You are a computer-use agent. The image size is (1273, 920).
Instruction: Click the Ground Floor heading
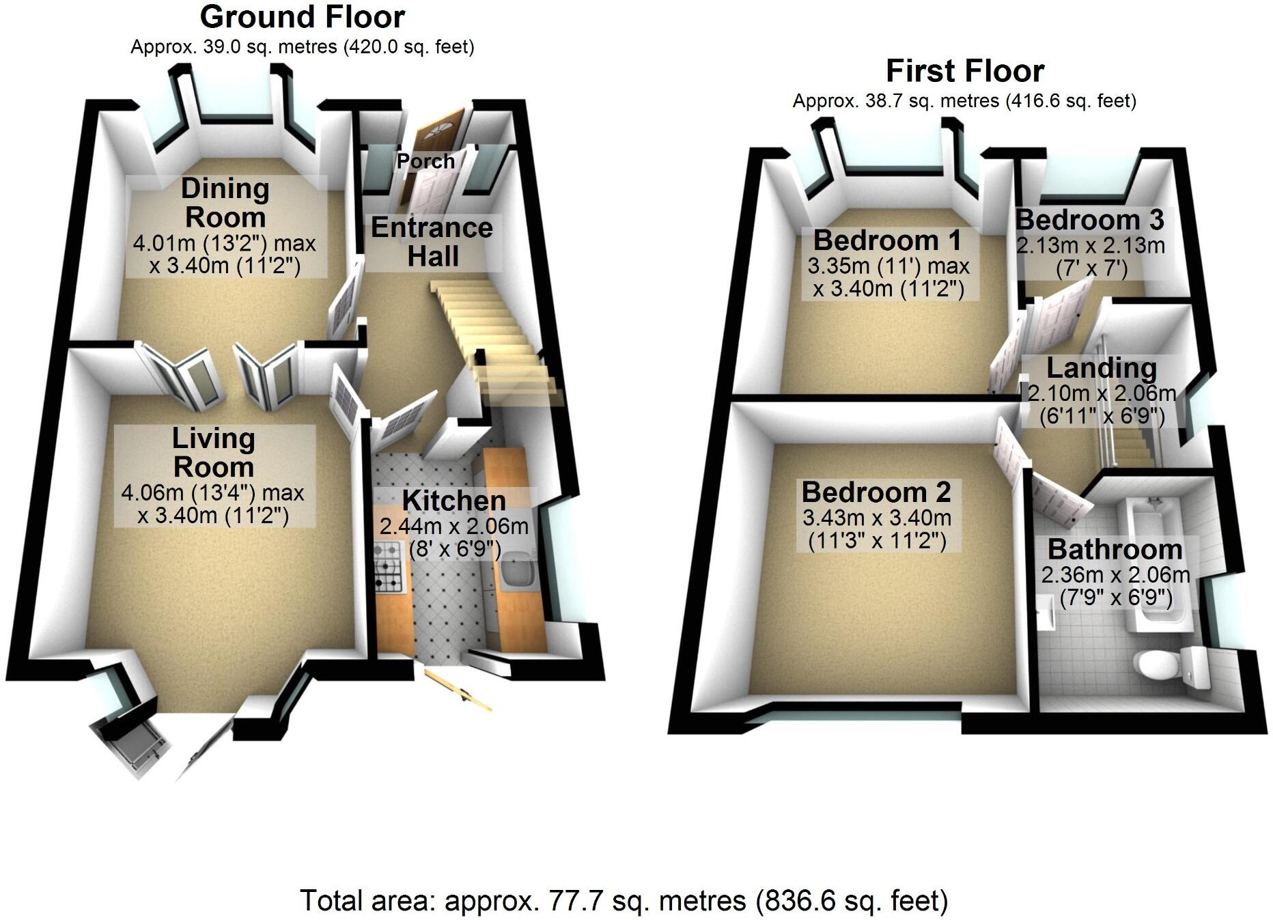[302, 17]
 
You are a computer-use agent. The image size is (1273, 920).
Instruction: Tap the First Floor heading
[964, 71]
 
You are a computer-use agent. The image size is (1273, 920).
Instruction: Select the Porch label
[425, 161]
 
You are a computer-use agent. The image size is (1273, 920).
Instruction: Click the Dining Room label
[225, 203]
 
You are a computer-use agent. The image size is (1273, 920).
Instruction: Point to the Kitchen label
[454, 501]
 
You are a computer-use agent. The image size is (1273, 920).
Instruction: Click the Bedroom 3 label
[1089, 220]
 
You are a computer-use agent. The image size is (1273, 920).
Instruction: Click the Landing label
[1102, 368]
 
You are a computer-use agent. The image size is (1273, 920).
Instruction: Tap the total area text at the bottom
[624, 900]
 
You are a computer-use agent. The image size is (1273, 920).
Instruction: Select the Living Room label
[214, 453]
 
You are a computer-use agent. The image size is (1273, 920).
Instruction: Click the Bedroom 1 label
[887, 240]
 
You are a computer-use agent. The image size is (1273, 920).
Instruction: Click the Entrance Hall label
[432, 242]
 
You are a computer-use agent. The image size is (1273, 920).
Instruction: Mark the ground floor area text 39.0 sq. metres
[302, 47]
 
